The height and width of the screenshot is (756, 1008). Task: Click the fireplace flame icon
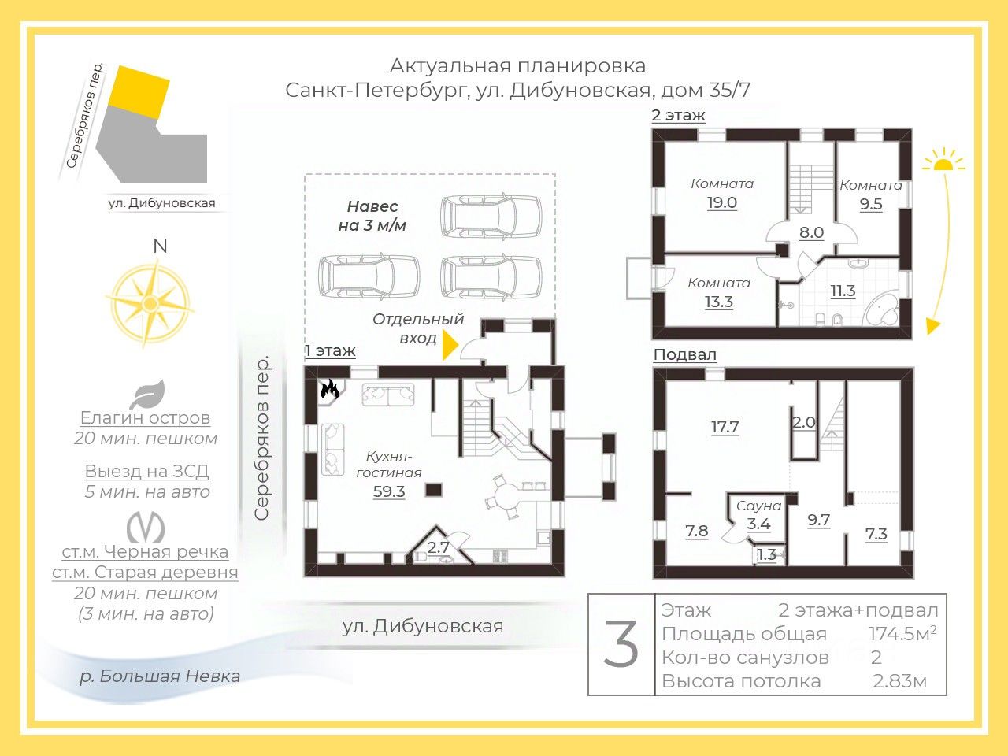coord(329,388)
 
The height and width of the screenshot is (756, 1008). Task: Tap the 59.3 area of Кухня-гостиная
coord(389,491)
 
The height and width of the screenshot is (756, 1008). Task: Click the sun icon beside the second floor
coord(943,162)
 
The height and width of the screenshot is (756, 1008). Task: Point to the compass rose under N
coord(150,303)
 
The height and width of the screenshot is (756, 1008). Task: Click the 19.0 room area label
coord(721,202)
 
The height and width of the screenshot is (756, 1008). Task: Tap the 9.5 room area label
coord(871,204)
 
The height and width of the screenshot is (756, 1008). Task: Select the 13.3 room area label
coord(719,302)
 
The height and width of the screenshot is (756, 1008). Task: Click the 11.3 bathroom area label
coord(843,291)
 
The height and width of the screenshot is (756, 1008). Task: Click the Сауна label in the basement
coord(758,506)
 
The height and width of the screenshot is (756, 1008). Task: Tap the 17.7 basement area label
coord(724,427)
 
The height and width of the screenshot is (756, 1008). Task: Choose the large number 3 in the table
coord(621,644)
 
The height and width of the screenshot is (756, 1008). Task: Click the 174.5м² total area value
coord(902,633)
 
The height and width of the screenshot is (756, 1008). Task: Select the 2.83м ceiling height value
coord(899,681)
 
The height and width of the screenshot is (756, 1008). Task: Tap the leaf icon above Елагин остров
coord(147,394)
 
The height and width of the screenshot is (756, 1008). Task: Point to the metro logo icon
coord(146,528)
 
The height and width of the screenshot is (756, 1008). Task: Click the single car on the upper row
coord(491,215)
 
